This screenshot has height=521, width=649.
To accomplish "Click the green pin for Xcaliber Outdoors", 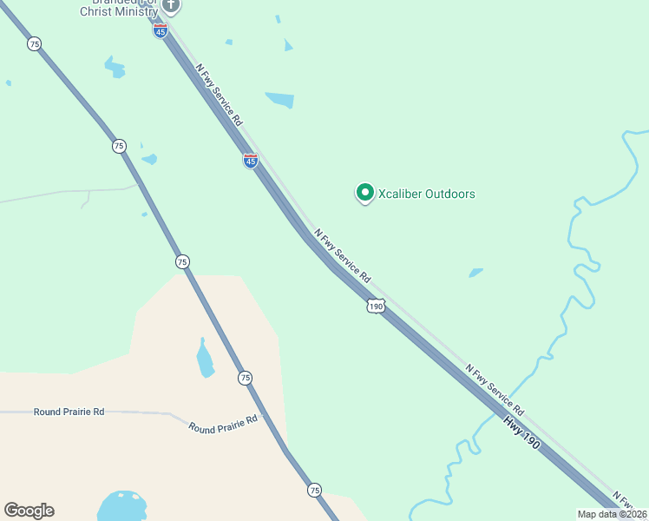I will click(x=365, y=193).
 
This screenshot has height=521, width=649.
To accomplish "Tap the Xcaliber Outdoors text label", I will click(x=427, y=194).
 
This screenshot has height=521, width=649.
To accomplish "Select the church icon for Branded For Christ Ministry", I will click(x=171, y=5).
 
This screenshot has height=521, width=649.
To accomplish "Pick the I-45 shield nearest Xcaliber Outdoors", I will click(x=250, y=161).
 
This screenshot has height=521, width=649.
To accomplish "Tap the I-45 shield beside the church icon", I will click(x=160, y=31).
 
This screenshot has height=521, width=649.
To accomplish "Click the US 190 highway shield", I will click(x=375, y=306).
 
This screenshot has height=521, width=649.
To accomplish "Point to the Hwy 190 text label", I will click(x=521, y=432).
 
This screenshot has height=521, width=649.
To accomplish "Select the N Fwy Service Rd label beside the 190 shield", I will click(x=343, y=255).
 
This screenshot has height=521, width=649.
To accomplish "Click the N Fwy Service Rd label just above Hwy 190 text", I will click(x=495, y=389).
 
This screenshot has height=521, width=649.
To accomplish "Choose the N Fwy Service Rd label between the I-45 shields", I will click(x=218, y=95).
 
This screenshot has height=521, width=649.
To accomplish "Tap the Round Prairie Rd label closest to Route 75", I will click(x=224, y=424).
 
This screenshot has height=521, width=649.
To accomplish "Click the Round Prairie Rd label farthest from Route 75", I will click(x=69, y=412).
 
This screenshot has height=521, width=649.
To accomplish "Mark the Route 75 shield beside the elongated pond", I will click(x=246, y=378).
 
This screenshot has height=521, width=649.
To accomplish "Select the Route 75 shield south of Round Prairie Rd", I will click(x=314, y=491).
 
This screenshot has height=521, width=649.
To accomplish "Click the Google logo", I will click(x=29, y=511).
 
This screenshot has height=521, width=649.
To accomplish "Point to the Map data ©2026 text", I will click(x=612, y=514).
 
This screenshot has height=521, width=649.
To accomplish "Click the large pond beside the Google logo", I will click(x=121, y=507).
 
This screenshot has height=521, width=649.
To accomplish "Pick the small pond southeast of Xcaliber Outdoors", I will click(x=475, y=273).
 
